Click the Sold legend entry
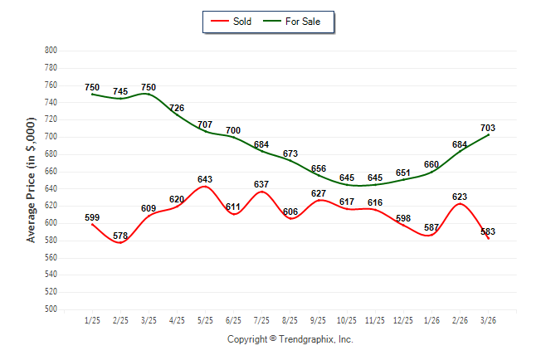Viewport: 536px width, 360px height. tap(231, 22)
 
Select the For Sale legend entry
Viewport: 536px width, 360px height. tap(291, 22)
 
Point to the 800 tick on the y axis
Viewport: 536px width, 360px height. tap(51, 51)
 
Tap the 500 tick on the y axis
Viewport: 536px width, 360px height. tap(51, 309)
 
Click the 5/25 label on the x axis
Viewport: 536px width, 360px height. tap(205, 320)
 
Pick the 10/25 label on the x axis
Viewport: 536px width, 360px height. tap(347, 320)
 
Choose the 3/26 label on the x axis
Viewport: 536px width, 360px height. tap(488, 320)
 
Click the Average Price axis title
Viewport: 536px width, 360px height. tap(31, 180)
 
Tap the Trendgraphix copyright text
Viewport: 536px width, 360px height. tap(290, 339)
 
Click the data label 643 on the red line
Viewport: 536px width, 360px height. tap(205, 179)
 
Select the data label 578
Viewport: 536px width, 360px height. tap(120, 236)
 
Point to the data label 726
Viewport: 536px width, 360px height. tap(177, 108)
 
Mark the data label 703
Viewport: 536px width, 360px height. tap(488, 128)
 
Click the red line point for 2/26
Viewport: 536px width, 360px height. tap(460, 204)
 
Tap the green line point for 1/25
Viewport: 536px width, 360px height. tap(92, 94)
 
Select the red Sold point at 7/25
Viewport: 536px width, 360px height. tap(262, 192)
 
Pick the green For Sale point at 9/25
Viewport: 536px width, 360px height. tap(319, 175)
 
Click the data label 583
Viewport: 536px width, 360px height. tap(488, 231)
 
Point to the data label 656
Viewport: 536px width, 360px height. tap(319, 168)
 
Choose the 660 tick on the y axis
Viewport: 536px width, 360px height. tap(51, 171)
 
